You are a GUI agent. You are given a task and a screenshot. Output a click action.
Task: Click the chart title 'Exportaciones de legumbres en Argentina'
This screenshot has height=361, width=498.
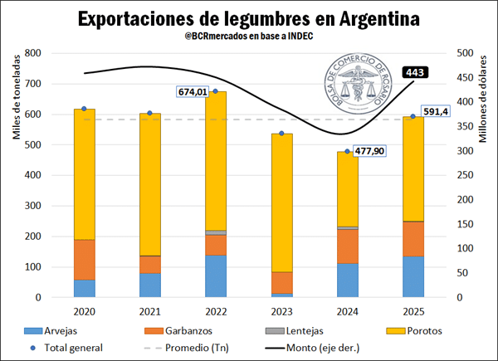[248, 17]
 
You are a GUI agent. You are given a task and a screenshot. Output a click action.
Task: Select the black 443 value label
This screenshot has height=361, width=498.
[416, 73]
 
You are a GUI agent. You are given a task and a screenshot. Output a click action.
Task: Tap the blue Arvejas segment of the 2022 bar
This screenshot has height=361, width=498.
[216, 276]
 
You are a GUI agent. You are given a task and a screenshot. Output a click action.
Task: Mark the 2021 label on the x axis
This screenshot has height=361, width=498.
[150, 311]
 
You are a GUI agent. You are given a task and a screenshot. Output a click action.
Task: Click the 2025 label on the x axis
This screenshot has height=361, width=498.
[413, 311]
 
